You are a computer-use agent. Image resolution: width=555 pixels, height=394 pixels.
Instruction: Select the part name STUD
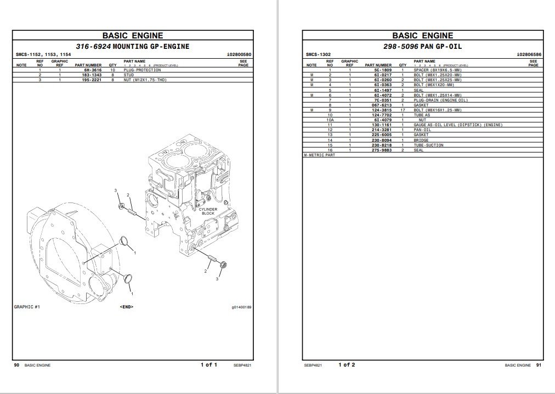pyautogui.click(x=128, y=75)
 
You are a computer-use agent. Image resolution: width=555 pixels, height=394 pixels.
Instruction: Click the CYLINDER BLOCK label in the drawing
pyautogui.click(x=208, y=211)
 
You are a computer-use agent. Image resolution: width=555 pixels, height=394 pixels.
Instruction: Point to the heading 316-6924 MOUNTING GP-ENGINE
pyautogui.click(x=132, y=47)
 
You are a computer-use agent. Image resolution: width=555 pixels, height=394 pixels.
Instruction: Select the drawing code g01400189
pyautogui.click(x=241, y=307)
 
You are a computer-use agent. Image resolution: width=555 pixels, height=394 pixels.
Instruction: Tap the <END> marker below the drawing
pyautogui.click(x=126, y=307)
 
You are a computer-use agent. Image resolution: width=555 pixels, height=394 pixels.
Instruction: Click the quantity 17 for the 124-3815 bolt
pyautogui.click(x=403, y=110)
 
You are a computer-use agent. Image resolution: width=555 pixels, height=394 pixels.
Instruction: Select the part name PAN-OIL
pyautogui.click(x=422, y=130)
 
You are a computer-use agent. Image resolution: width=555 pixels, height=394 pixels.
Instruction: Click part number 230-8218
pyautogui.click(x=382, y=145)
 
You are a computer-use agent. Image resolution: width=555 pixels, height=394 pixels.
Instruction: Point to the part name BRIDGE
pyautogui.click(x=421, y=140)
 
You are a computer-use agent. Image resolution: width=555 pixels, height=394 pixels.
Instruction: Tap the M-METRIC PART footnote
pyautogui.click(x=320, y=155)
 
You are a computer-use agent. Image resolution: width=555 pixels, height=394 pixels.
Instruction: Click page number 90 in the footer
pyautogui.click(x=17, y=365)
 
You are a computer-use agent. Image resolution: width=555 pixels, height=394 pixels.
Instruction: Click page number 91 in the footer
pyautogui.click(x=538, y=365)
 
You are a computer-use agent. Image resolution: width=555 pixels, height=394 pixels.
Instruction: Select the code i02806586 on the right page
pyautogui.click(x=529, y=55)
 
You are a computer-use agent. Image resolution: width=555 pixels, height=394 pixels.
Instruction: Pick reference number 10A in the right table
pyautogui.click(x=330, y=120)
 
